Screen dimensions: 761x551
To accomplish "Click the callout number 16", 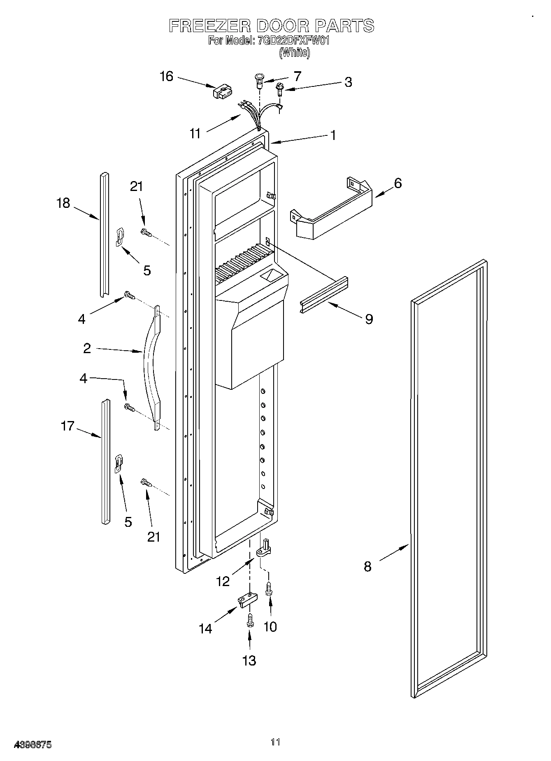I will (x=167, y=77).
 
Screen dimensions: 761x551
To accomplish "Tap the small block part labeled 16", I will (x=223, y=93).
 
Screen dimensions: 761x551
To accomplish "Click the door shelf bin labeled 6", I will (x=333, y=210).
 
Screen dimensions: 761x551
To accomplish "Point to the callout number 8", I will (x=367, y=567).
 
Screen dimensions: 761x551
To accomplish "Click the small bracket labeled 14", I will (x=246, y=600).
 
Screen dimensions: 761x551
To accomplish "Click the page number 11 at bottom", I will (x=275, y=742).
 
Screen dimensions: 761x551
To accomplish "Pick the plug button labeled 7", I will (x=260, y=79).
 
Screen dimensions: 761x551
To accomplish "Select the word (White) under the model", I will (x=294, y=53).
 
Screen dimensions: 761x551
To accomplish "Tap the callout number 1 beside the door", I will (x=333, y=135).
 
